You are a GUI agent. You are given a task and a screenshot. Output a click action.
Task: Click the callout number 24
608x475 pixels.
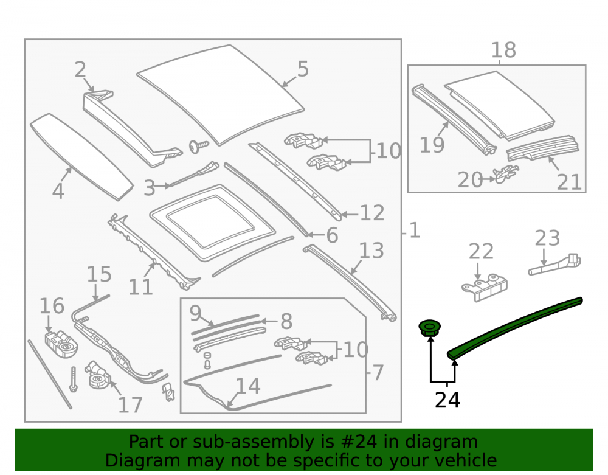tap(447, 400)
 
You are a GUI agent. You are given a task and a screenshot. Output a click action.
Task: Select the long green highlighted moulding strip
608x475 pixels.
tap(514, 328)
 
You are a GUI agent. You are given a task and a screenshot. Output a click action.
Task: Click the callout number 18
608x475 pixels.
tap(503, 50)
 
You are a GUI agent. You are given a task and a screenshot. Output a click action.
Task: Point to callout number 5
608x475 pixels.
tap(303, 69)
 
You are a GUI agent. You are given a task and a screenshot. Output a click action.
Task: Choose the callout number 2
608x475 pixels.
tap(80, 70)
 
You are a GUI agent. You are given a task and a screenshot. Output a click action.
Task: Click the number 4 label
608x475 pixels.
tap(58, 191)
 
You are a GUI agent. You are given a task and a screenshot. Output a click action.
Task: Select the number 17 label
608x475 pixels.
tap(130, 405)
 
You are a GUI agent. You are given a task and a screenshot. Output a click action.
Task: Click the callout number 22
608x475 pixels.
tap(481, 251)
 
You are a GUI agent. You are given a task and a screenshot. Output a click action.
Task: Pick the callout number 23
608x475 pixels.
tap(547, 238)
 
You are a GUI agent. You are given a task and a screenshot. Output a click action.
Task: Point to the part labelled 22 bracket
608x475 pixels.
tap(485, 287)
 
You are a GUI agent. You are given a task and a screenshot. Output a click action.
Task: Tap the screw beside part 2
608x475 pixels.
tap(199, 147)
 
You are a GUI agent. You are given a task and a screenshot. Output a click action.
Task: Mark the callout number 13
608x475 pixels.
tap(371, 251)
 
